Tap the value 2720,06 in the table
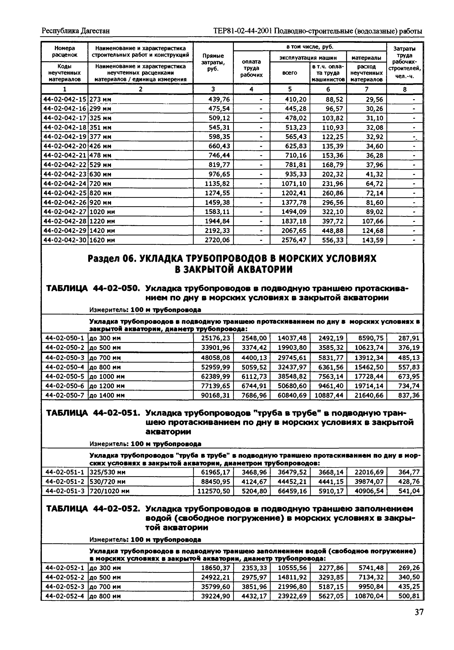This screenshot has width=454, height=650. (217, 240)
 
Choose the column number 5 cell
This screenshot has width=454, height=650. (290, 89)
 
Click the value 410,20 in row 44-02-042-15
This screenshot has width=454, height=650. (296, 99)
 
